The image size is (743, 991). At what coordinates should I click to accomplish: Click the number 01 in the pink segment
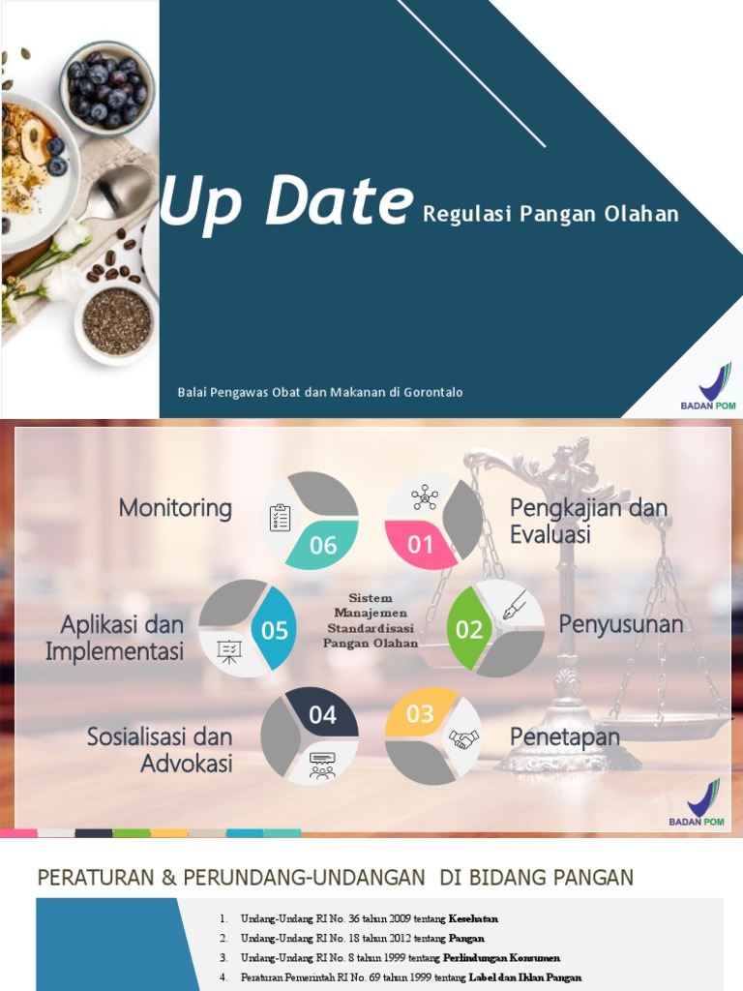[420, 545]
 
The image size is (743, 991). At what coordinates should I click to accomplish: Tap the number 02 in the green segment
[469, 630]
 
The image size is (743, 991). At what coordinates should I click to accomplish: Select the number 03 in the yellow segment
[420, 714]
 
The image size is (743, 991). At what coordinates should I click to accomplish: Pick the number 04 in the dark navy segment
[322, 714]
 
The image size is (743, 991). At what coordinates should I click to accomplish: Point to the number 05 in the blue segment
[275, 630]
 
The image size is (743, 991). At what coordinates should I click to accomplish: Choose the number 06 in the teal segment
[323, 545]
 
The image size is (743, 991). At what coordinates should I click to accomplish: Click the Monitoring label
[175, 508]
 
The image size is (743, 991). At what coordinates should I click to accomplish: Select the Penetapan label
[565, 737]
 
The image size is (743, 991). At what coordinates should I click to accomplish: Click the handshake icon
[463, 740]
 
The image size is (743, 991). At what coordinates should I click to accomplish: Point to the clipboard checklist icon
[280, 518]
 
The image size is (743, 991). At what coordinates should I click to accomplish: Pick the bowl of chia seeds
[116, 320]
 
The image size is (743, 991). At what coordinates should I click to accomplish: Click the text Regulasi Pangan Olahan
[550, 214]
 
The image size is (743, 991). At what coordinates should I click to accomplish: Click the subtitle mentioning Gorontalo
[320, 392]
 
